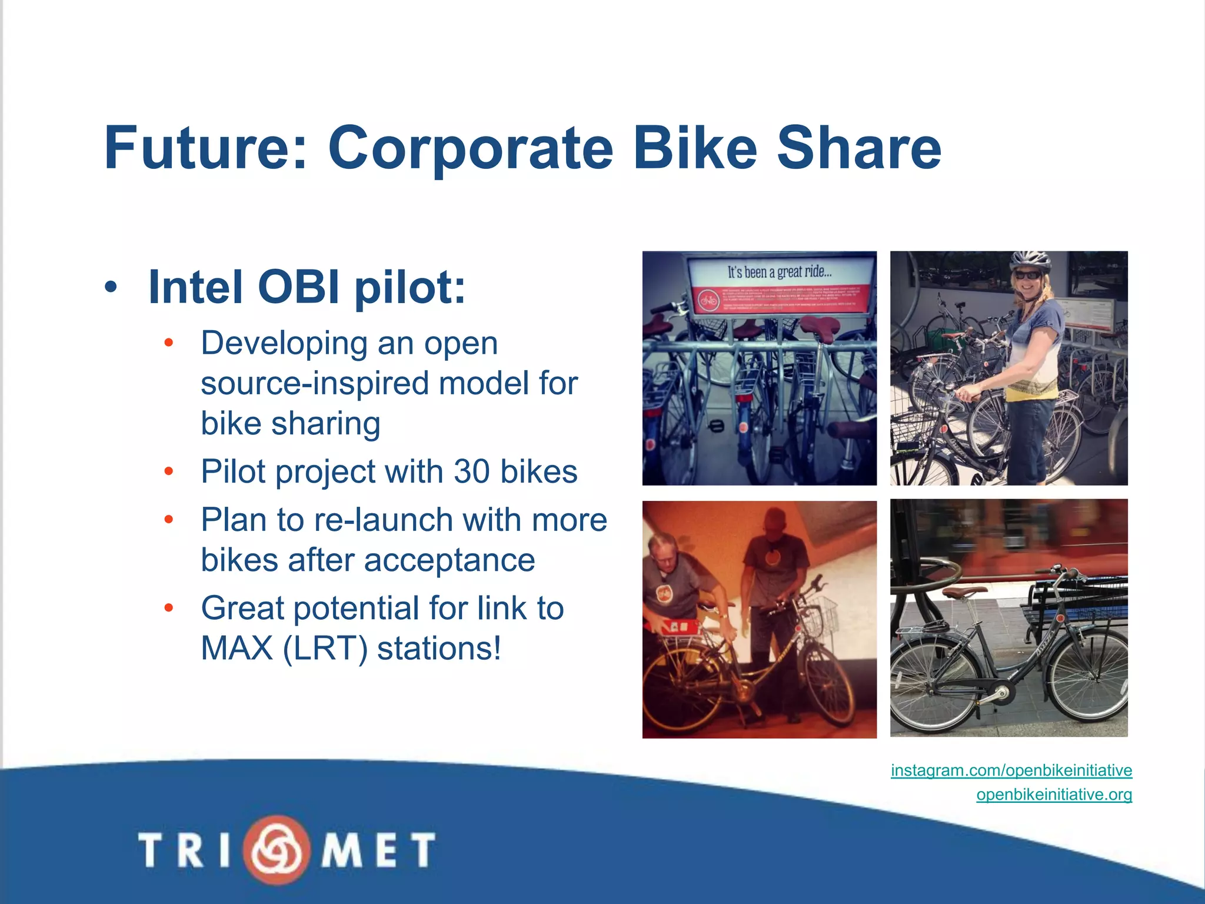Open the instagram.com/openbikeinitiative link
click(1011, 770)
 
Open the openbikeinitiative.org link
click(1054, 795)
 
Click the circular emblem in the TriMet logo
click(277, 849)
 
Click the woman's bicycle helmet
click(1029, 260)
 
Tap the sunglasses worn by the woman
click(1027, 275)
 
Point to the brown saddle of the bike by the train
click(964, 591)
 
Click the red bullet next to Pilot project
click(169, 471)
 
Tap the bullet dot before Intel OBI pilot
click(111, 288)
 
